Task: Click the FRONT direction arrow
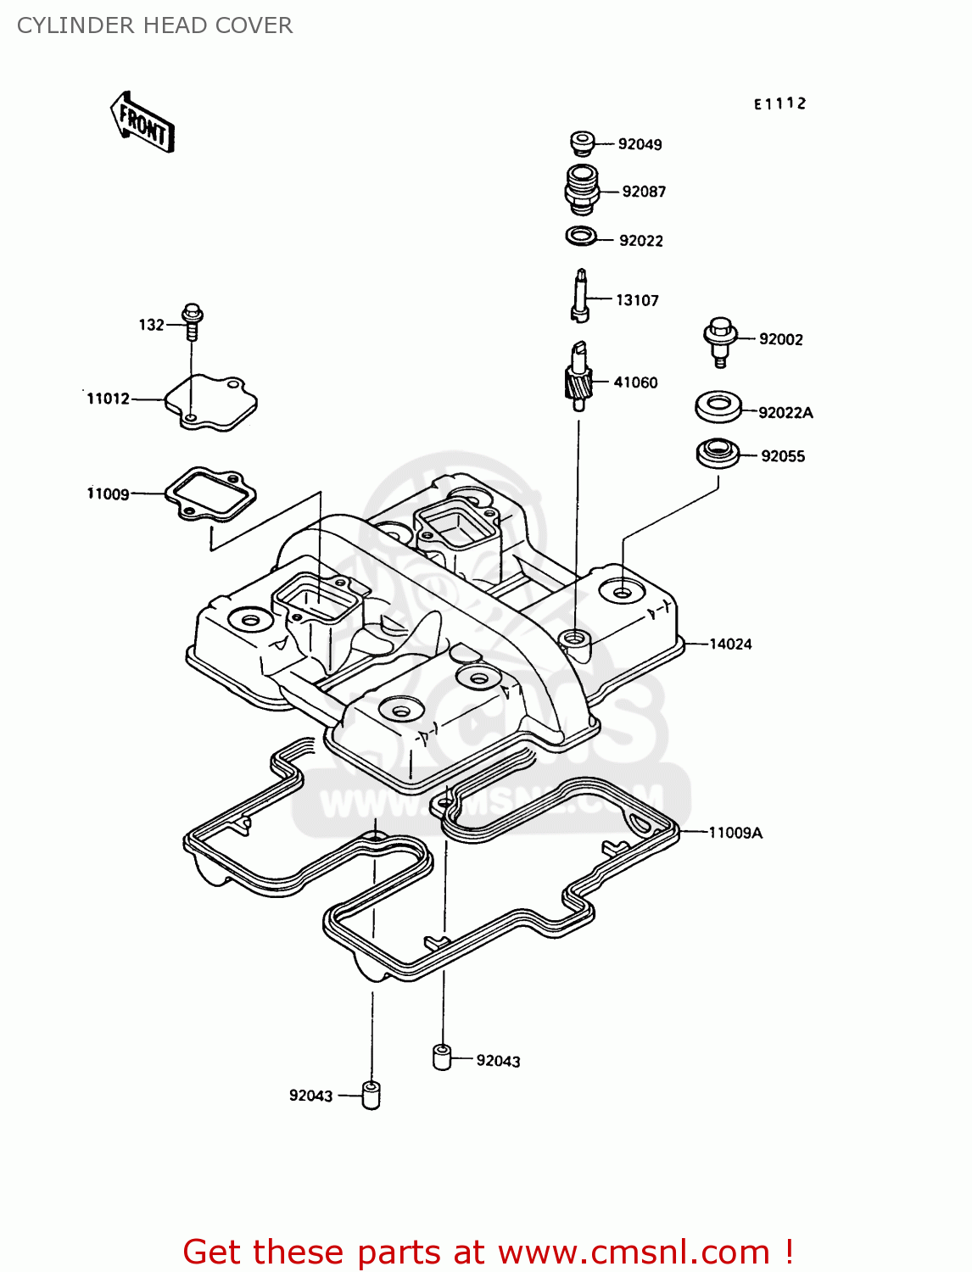tap(142, 123)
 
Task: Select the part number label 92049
tap(640, 144)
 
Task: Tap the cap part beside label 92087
tap(582, 190)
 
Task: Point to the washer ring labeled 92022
tap(581, 236)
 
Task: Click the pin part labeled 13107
tap(581, 295)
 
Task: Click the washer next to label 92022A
tap(718, 406)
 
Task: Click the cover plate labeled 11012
tap(210, 402)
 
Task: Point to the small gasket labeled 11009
tap(210, 492)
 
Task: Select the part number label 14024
tap(730, 644)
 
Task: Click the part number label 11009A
tap(735, 833)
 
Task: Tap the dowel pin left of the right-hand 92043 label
tap(442, 1057)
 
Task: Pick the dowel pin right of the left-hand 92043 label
tap(371, 1095)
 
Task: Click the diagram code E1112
tap(780, 103)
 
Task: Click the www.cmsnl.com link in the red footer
tap(633, 1252)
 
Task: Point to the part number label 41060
tap(635, 382)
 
